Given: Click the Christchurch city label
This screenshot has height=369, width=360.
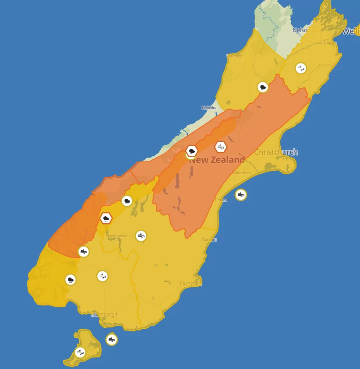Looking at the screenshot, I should [x=276, y=152].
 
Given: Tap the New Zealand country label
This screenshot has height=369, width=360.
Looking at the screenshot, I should [x=217, y=160].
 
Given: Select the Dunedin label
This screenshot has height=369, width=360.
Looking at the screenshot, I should [x=191, y=284].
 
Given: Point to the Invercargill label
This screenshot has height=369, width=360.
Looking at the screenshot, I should [x=106, y=315].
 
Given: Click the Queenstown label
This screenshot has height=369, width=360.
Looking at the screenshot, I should [x=118, y=236].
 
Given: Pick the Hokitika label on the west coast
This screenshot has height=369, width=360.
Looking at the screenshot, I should [x=209, y=108].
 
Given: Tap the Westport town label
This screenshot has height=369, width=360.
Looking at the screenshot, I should [x=234, y=56].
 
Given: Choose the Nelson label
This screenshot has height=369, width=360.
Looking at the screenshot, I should [x=301, y=30].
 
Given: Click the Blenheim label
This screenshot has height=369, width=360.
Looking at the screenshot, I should [x=328, y=43].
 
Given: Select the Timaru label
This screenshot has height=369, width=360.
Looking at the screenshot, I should [x=220, y=200].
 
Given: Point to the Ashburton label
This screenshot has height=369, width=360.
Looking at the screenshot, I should [x=240, y=173].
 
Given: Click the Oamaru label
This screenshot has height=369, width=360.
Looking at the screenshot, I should [x=209, y=240].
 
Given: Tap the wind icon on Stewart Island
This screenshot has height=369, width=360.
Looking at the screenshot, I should [x=80, y=352].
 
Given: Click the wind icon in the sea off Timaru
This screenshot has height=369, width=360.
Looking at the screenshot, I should [x=240, y=195].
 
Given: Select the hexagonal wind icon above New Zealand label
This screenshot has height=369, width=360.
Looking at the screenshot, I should [x=221, y=147].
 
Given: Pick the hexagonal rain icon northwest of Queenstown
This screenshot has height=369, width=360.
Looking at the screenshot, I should [x=106, y=218].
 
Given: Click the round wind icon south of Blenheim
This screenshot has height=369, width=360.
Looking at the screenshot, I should [x=300, y=68].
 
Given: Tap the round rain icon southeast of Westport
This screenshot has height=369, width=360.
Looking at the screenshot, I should [x=263, y=87].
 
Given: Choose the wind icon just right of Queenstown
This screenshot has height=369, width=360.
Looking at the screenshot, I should [x=141, y=236].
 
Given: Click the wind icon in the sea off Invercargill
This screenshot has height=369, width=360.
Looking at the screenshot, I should [x=112, y=339].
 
